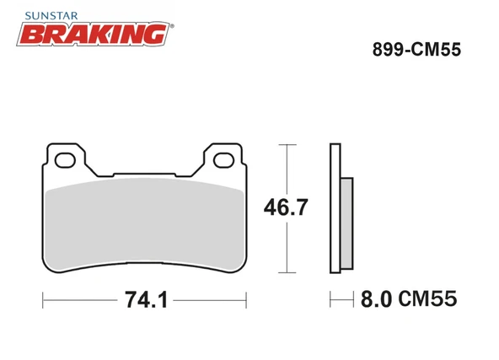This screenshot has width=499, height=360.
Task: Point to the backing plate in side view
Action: pos(335,211)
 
